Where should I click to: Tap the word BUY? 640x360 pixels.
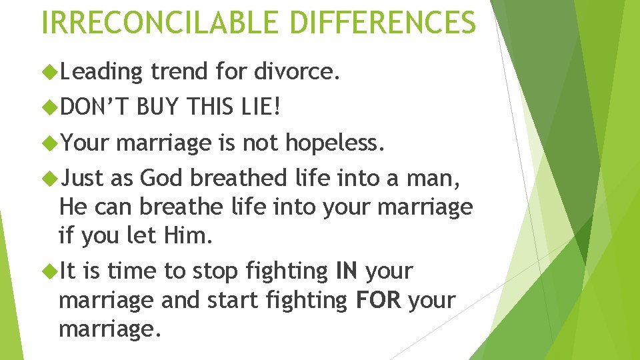[x=159, y=105]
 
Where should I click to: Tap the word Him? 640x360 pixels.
[x=159, y=235]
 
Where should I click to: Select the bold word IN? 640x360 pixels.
[x=346, y=271]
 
